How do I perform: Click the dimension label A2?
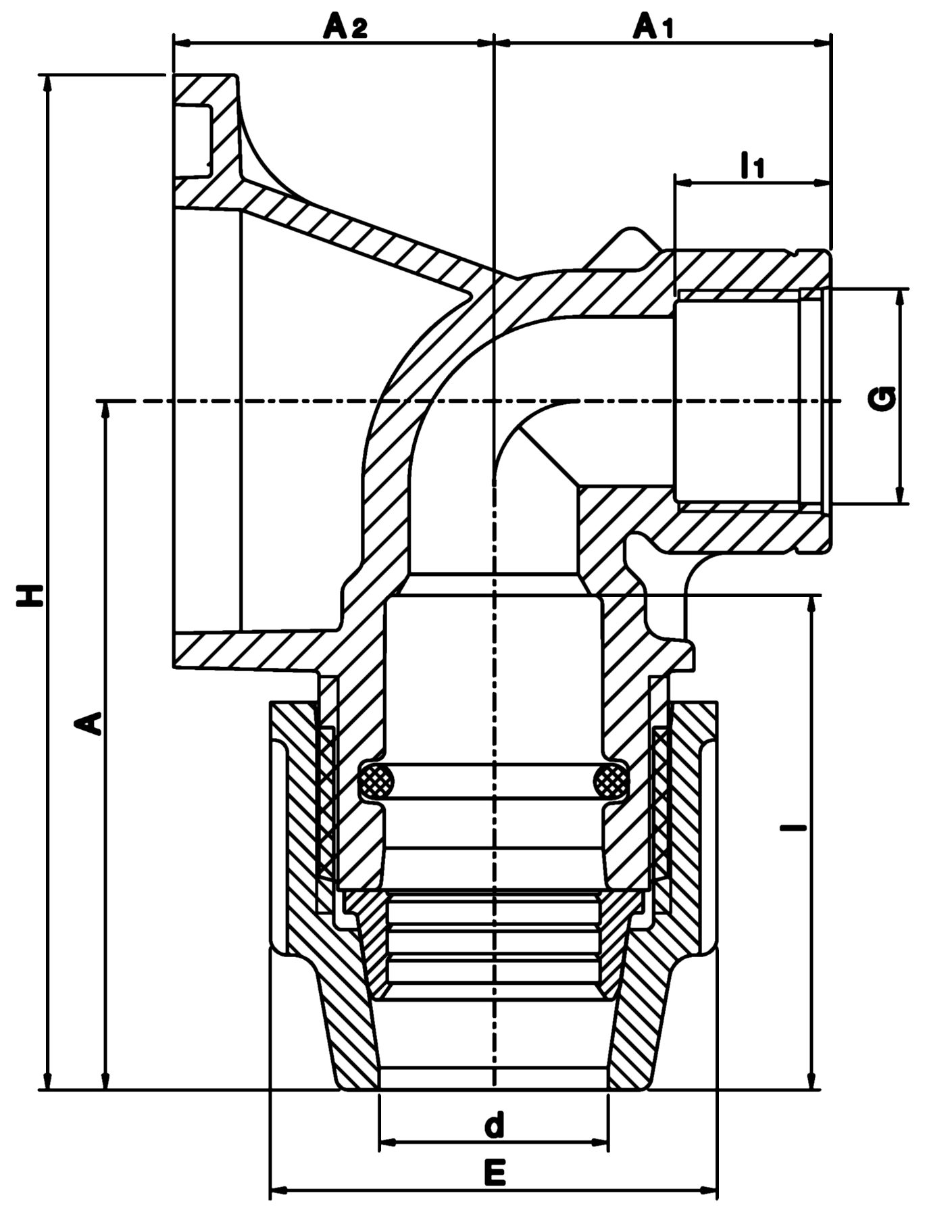pyautogui.click(x=345, y=28)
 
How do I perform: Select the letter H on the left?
pyautogui.click(x=30, y=593)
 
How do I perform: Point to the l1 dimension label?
pyautogui.click(x=752, y=165)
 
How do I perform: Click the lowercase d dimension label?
pyautogui.click(x=495, y=1125)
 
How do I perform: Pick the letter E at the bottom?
pyautogui.click(x=495, y=1173)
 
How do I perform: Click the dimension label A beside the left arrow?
pyautogui.click(x=89, y=723)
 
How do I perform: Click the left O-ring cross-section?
pyautogui.click(x=378, y=782)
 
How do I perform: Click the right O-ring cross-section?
pyautogui.click(x=611, y=782)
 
